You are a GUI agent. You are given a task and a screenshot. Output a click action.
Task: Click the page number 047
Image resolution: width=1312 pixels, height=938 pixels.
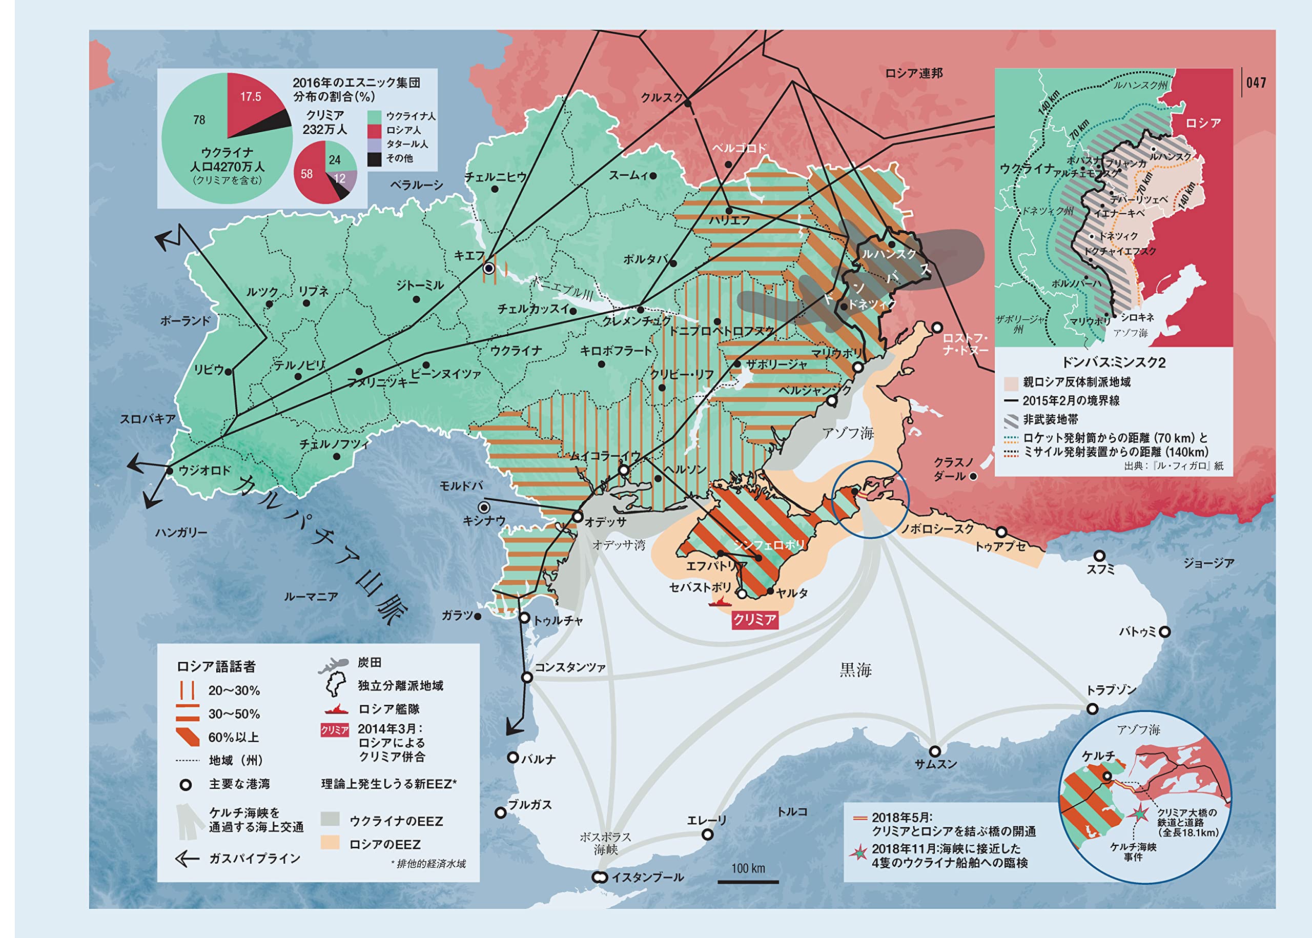1256,83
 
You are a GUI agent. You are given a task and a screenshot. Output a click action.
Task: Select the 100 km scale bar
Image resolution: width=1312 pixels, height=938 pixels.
748,882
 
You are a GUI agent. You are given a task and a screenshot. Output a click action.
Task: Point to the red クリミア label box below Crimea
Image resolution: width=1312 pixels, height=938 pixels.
754,620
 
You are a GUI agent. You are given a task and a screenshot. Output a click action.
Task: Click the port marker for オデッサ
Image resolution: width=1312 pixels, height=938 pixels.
578,517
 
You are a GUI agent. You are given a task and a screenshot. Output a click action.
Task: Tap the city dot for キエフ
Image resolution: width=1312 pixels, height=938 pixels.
489,268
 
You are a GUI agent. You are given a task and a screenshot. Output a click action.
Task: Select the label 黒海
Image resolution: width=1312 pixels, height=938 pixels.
855,670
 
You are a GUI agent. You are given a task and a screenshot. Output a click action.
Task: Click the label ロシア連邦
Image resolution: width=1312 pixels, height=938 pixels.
914,73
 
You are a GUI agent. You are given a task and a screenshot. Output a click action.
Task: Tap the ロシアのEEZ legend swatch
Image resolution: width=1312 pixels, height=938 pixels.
330,843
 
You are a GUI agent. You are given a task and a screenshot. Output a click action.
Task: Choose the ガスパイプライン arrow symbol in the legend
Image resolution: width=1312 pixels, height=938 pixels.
187,859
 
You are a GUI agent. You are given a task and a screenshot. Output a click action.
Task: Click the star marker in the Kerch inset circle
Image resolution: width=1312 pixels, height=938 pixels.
1139,813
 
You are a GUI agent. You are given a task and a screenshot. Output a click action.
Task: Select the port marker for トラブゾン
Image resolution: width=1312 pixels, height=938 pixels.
1092,709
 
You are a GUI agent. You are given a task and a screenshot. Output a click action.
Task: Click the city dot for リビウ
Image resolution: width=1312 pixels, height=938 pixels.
229,372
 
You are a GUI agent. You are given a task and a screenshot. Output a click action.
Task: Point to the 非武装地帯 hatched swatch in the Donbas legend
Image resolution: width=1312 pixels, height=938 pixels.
1011,420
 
